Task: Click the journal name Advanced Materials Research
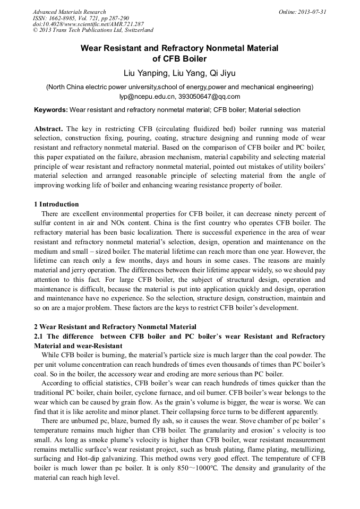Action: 69,12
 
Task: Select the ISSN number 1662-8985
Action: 63,18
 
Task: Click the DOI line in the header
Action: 88,24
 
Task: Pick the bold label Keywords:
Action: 51,110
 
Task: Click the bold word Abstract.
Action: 48,130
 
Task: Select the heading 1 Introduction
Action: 56,204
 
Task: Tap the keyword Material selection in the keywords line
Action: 272,110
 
